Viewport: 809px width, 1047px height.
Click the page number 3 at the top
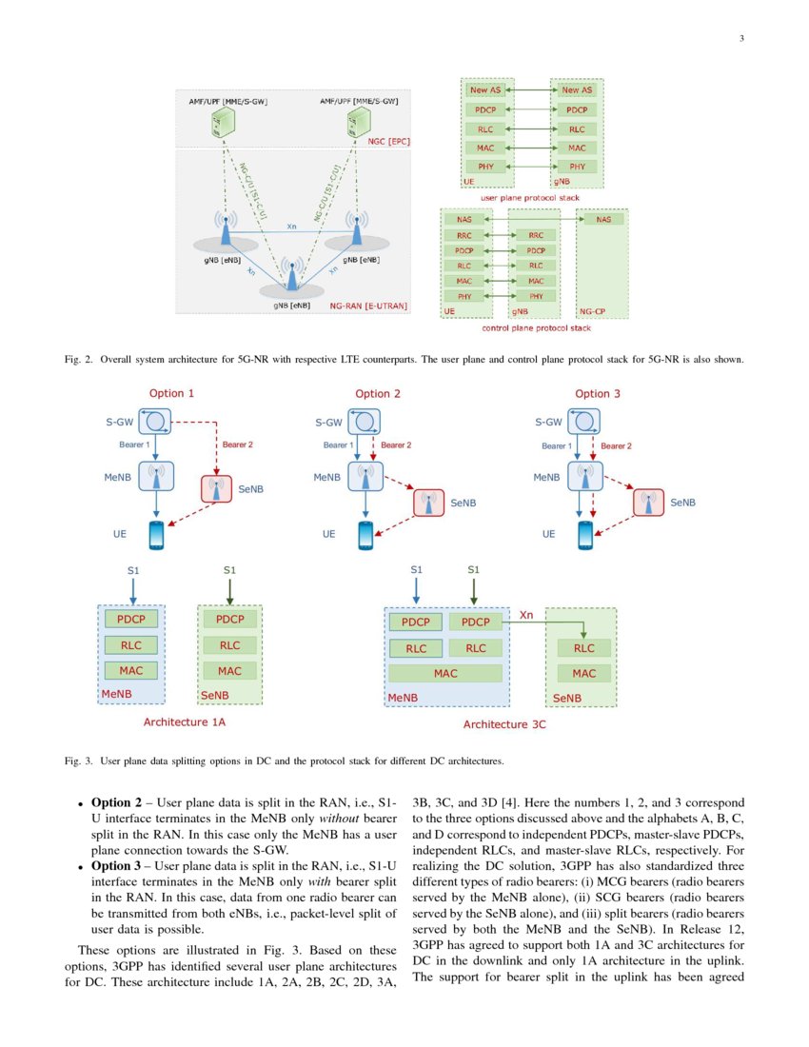coord(740,39)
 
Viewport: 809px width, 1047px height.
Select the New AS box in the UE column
coord(484,90)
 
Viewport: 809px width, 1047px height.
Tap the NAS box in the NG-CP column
coord(603,219)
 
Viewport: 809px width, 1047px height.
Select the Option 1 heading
coord(172,393)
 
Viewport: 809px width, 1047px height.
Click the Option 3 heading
coord(598,393)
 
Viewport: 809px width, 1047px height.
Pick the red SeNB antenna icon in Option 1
coord(217,488)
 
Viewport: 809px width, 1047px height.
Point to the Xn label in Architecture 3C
coord(526,616)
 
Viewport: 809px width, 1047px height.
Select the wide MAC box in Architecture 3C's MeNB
coord(445,673)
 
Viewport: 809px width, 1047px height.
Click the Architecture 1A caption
coord(185,722)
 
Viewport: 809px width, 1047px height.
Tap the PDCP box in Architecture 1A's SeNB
coord(229,619)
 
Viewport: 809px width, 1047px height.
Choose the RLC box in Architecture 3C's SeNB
coord(583,648)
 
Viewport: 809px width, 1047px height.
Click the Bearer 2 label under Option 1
coord(238,444)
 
